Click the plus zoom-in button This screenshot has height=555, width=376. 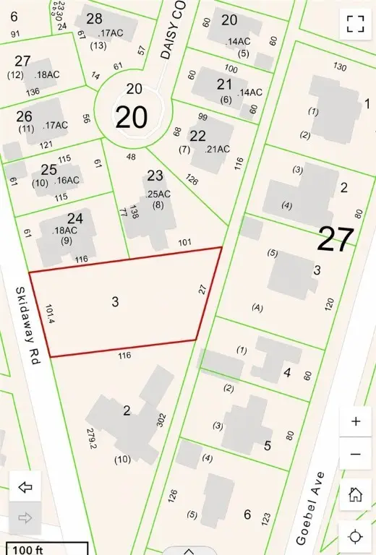click(x=355, y=422)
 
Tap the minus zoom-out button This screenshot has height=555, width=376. click(x=355, y=454)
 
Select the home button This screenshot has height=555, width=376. click(x=355, y=494)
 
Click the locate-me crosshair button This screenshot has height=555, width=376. click(x=355, y=536)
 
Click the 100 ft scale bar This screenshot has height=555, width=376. click(x=46, y=549)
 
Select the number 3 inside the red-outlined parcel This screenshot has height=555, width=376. click(x=115, y=301)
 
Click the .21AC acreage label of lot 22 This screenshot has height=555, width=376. click(x=218, y=149)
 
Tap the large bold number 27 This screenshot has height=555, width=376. click(x=336, y=239)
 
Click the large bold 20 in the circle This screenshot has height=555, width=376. click(x=132, y=117)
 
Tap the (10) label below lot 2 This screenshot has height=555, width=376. click(x=122, y=458)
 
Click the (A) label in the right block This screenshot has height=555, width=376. click(x=257, y=307)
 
